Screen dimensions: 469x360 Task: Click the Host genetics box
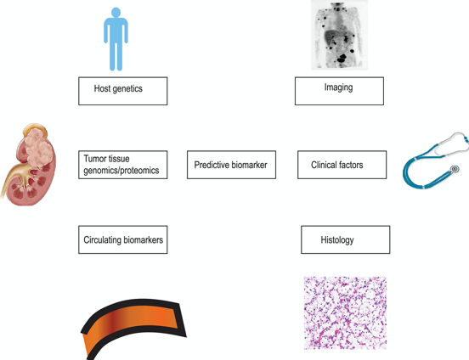123,91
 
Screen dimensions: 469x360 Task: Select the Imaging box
339,91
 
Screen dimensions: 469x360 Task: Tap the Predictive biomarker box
231,165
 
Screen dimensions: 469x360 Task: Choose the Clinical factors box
342,165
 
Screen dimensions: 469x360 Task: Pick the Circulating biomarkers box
123,239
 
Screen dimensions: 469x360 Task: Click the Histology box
346,239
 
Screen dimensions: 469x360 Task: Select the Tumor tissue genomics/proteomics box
123,165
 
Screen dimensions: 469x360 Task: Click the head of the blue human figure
116,12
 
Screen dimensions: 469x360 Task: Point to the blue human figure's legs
116,55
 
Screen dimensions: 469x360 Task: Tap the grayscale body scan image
339,35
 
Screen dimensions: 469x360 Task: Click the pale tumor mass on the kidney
38,146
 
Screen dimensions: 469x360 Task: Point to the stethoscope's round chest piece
455,169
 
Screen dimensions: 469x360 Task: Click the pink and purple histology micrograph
345,312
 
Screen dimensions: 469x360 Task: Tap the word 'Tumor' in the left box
93,159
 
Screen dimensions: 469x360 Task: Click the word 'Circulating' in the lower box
102,240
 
